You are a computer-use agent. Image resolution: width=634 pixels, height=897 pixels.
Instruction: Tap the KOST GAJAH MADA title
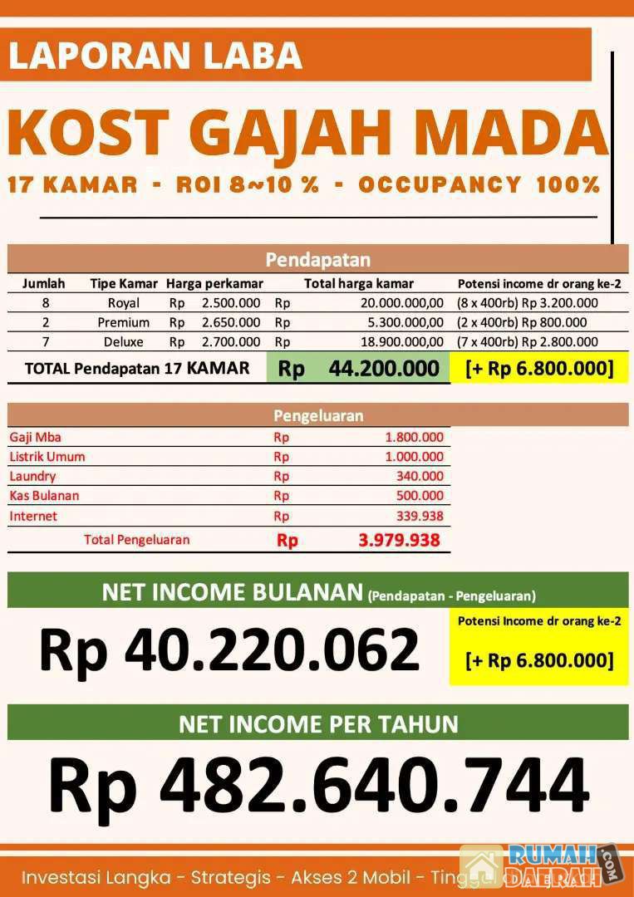point(307,133)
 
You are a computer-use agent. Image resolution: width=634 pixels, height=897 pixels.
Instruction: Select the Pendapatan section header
point(318,260)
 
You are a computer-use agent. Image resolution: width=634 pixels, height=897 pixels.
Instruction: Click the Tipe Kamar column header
point(124,283)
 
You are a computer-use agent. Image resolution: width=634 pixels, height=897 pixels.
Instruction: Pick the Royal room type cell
point(124,303)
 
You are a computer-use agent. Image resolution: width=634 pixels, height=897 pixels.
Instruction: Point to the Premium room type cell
point(124,322)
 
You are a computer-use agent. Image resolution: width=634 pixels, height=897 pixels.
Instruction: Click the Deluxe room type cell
point(124,341)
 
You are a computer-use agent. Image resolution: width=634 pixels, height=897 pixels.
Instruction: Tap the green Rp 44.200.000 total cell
point(359,369)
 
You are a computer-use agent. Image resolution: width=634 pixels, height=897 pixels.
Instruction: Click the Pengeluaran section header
point(318,415)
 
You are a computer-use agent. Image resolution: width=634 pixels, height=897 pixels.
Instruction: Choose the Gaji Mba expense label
point(35,437)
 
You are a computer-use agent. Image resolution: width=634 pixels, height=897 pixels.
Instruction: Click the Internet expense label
point(33,517)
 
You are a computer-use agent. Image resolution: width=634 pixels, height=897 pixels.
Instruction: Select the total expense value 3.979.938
point(399,541)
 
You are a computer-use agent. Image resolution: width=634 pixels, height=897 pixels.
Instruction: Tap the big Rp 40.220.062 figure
point(229,649)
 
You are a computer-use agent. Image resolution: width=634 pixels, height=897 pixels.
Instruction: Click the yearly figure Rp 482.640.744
point(318,785)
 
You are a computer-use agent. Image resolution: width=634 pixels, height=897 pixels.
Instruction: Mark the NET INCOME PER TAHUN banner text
point(318,723)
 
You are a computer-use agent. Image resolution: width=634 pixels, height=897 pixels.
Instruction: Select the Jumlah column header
point(43,283)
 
